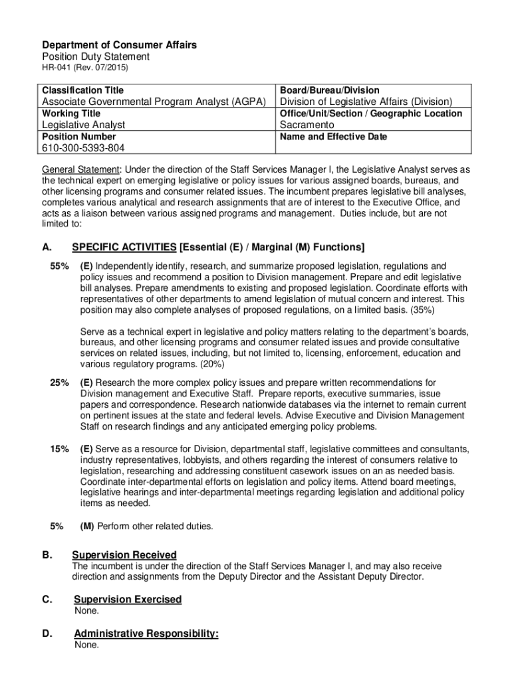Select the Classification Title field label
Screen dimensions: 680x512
82,90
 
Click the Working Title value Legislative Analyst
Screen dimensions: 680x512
84,125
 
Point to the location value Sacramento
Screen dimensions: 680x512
307,125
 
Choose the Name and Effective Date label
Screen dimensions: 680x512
333,137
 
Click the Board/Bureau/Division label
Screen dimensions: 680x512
330,90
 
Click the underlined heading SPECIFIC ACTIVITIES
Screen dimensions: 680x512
124,248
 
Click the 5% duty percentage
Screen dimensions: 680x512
57,527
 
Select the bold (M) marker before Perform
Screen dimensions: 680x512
87,527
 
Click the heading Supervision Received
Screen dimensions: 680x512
124,555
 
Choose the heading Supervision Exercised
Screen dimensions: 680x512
128,600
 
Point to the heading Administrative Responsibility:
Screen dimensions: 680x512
146,634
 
